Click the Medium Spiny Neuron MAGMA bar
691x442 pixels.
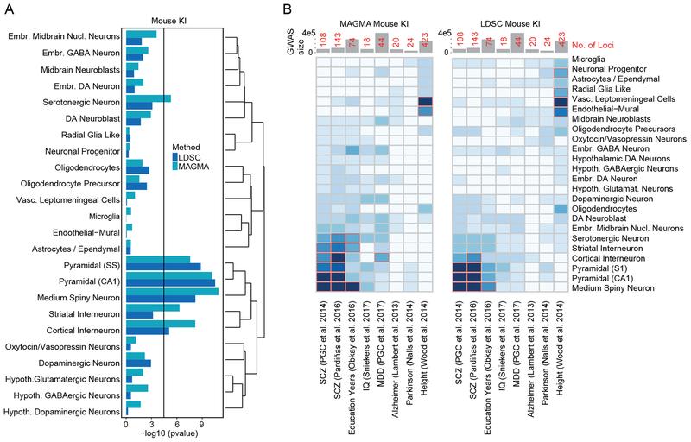point(172,291)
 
